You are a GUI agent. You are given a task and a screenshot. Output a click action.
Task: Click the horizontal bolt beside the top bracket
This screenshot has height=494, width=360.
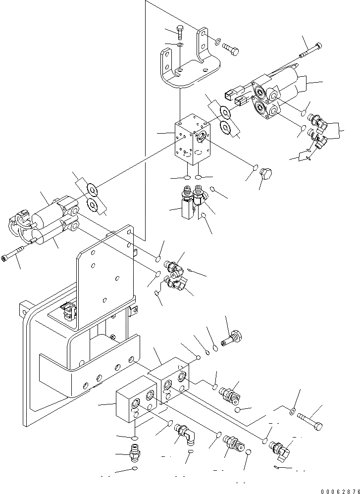230,49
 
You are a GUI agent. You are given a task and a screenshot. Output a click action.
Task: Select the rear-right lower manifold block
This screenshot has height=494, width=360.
171,379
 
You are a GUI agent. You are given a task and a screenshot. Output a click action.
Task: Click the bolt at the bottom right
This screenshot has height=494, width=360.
310,421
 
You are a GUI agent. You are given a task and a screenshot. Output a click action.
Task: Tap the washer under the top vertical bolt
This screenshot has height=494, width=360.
181,45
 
